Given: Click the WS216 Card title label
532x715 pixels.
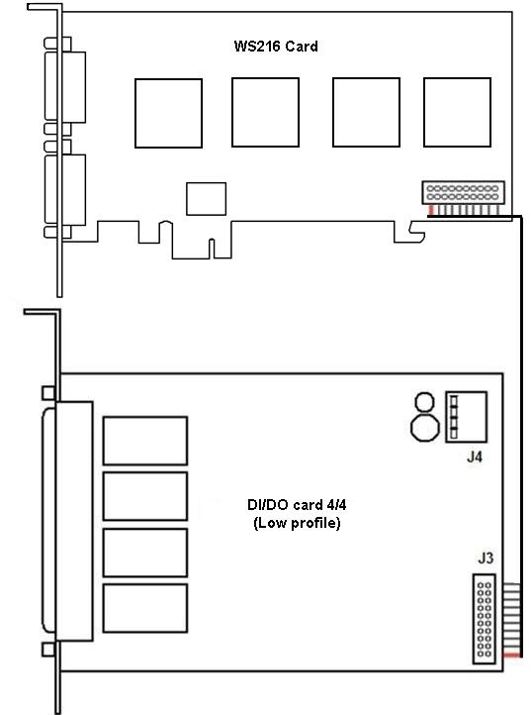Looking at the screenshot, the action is [276, 47].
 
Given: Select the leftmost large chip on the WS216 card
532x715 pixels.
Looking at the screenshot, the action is [168, 113].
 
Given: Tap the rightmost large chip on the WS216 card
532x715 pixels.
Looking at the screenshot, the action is [457, 112].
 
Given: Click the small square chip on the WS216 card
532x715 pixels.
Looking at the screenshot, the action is [207, 199].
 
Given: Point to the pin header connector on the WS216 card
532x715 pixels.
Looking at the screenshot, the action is [463, 192].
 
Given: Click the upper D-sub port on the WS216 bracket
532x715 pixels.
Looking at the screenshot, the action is [65, 87].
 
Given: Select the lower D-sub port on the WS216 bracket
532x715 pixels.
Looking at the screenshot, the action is [65, 190].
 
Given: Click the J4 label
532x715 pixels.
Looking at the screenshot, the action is [475, 457].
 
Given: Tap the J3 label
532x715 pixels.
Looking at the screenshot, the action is [486, 558].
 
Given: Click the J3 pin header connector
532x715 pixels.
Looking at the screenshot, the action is [485, 619].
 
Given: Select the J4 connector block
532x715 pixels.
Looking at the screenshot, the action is [467, 417].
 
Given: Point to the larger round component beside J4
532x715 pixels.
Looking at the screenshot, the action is [425, 427].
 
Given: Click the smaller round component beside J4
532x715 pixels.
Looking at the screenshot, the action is [425, 403].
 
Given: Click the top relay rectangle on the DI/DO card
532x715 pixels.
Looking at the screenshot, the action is [145, 441].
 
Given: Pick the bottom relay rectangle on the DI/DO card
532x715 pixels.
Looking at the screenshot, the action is [145, 608].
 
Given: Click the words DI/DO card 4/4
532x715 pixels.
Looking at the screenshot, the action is [297, 505].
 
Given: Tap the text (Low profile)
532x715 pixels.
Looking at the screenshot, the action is [297, 523].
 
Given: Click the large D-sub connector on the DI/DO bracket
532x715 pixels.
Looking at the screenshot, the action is [68, 521].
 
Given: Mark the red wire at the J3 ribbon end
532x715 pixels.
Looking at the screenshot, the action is [511, 656].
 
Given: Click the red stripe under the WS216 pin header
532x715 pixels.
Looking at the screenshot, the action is [431, 210].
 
